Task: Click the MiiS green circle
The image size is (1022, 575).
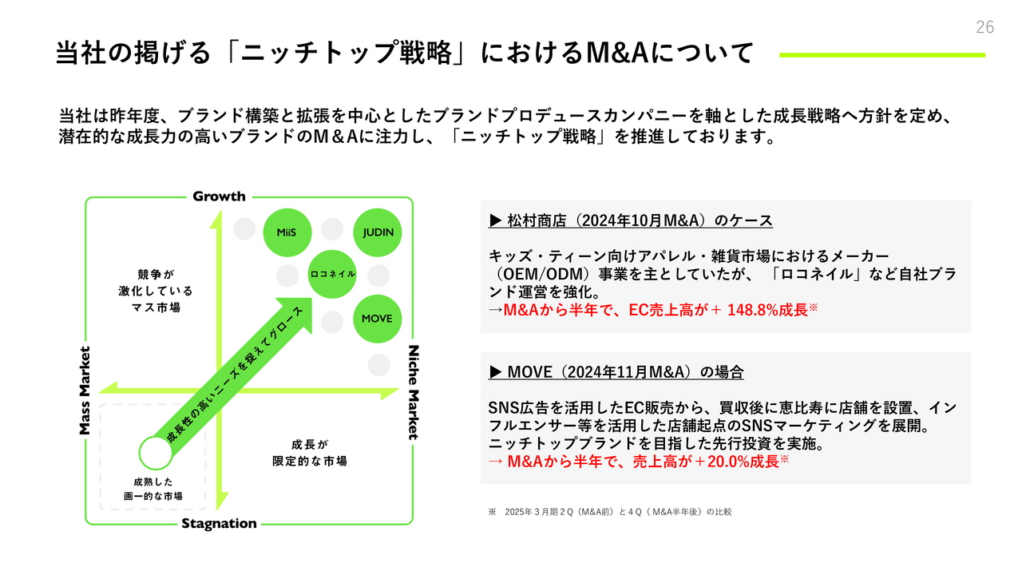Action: coord(287,232)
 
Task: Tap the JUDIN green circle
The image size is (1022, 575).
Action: coord(378,232)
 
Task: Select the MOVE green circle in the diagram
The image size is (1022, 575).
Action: coord(378,319)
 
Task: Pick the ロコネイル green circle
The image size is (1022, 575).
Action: coord(332,274)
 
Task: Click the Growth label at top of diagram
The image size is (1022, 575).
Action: coord(219,196)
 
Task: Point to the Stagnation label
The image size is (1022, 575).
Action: coord(219,523)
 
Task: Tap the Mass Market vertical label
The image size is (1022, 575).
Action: coord(85,391)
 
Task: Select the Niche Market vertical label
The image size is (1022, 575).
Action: coord(413,392)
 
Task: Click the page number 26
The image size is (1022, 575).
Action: coord(984,27)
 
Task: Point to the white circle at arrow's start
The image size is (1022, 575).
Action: coord(156,453)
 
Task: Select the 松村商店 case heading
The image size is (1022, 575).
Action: coord(631,220)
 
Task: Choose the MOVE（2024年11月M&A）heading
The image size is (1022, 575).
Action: coord(616,372)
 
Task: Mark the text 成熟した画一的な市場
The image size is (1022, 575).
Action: coord(153,489)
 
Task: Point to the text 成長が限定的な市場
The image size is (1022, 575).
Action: coord(310,453)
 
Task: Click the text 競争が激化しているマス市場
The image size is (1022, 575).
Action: coord(156,291)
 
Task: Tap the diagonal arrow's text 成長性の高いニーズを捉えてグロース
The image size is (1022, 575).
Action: coord(235,375)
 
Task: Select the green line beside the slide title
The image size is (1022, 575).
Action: coord(882,55)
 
